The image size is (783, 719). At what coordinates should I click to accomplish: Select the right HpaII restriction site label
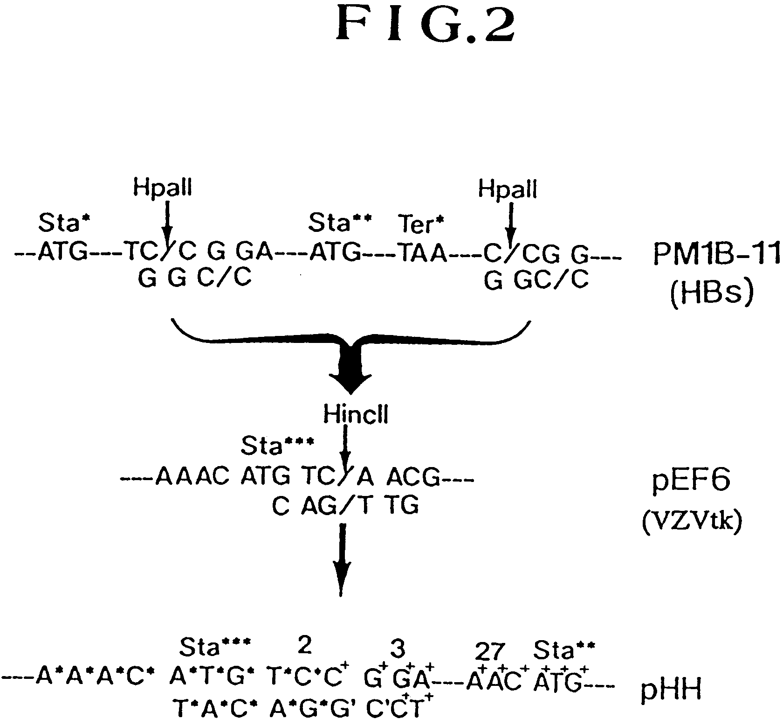508,190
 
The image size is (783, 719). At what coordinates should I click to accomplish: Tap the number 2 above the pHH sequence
304,646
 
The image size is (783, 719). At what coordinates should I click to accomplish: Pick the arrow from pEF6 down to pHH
342,560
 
